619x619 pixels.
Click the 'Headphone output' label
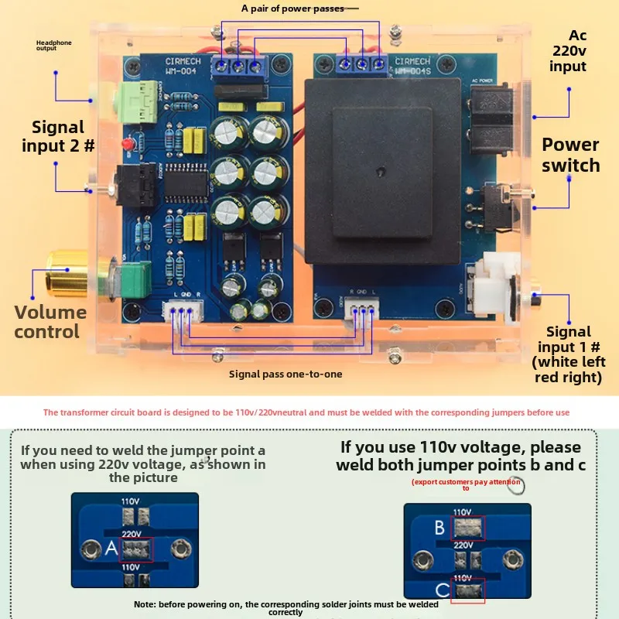53,46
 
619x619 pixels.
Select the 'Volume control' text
50,322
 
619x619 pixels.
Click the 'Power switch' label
570,155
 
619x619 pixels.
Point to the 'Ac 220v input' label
568,51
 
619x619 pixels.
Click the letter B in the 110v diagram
439,528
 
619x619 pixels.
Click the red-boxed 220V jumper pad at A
135,549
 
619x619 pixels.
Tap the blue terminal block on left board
238,66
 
